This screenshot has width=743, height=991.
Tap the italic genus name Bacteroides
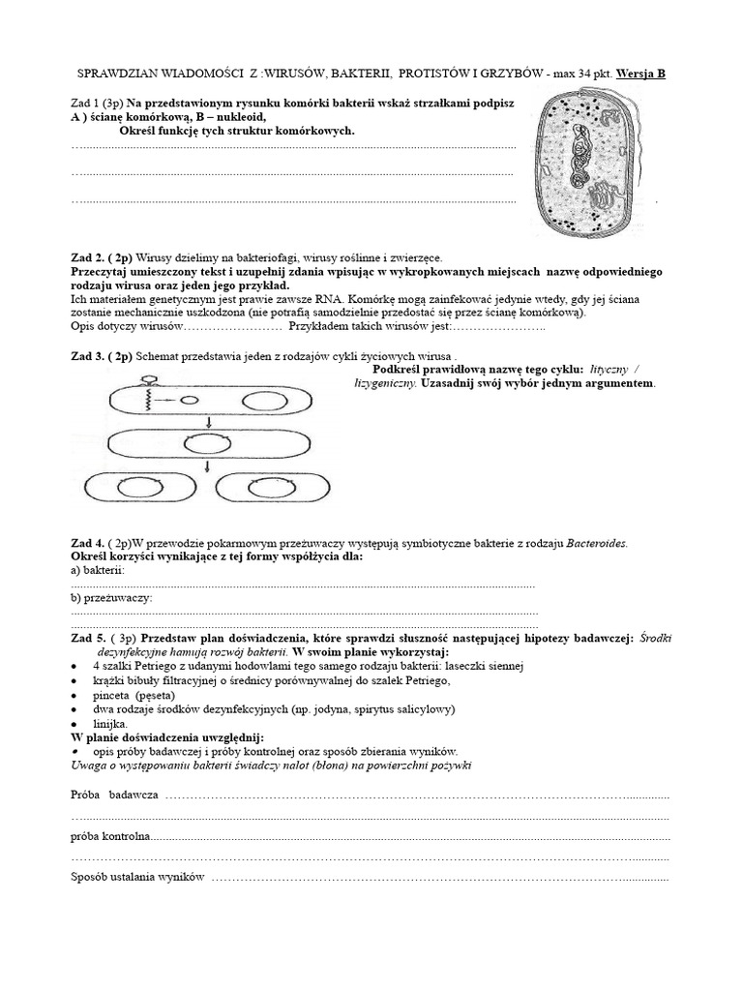point(596,543)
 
